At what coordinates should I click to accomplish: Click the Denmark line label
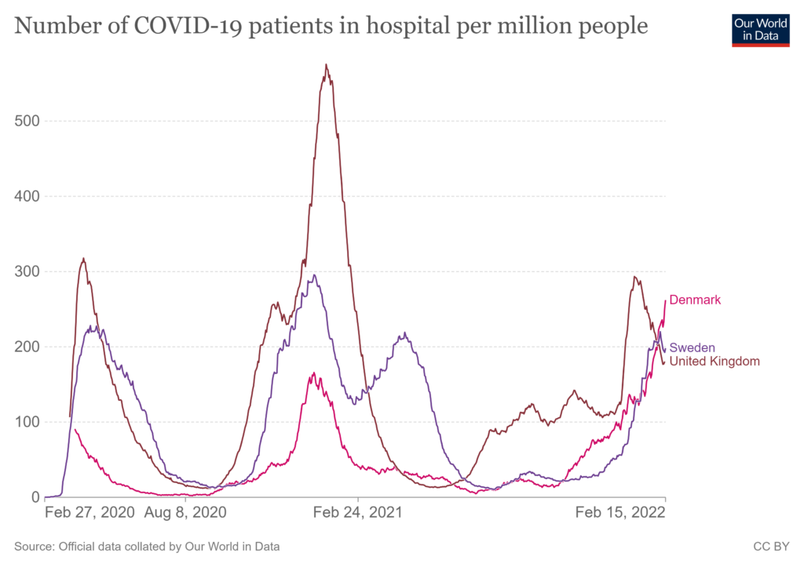695,300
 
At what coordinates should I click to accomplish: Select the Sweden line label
692,348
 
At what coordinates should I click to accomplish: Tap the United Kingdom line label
714,361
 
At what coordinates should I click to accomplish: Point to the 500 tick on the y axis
30,121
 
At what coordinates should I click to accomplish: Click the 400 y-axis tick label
30,196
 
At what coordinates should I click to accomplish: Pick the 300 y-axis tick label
30,271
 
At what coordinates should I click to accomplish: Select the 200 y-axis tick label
30,347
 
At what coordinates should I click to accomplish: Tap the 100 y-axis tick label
30,422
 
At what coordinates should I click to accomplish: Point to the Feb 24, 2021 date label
357,513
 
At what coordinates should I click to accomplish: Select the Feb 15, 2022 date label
620,513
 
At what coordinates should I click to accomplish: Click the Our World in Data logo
760,30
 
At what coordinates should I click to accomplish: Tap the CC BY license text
773,546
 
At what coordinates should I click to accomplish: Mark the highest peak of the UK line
326,65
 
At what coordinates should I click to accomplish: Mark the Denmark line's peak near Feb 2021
314,373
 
